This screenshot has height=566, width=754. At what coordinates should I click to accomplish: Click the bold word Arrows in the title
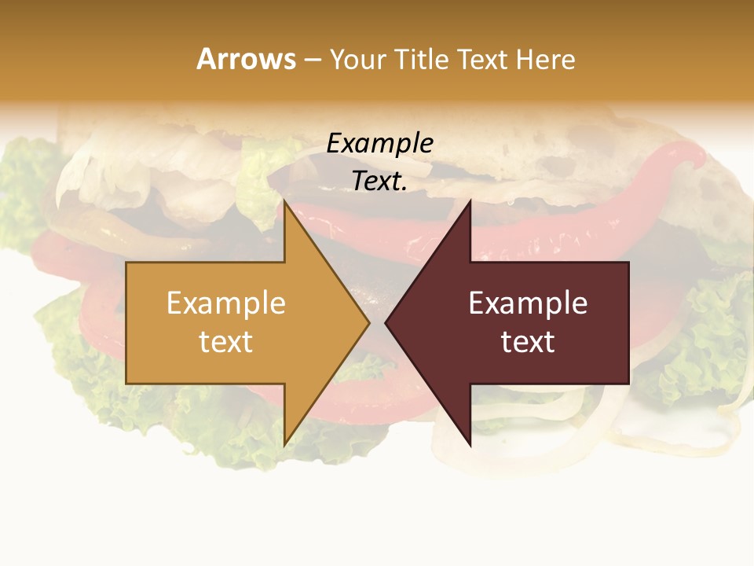click(247, 59)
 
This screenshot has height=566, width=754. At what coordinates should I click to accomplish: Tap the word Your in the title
click(355, 60)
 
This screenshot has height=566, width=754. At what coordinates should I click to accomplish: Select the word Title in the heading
click(420, 60)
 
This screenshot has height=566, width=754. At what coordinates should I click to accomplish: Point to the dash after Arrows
click(312, 61)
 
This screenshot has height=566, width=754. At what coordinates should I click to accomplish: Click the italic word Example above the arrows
click(379, 144)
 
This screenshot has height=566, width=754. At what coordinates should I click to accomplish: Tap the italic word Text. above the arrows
click(379, 181)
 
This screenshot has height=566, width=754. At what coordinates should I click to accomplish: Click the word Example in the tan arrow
click(225, 303)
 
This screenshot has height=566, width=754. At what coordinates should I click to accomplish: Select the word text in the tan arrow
click(225, 341)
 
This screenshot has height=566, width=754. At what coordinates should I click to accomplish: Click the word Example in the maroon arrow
click(528, 303)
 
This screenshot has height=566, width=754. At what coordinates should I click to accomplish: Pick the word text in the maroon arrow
click(528, 341)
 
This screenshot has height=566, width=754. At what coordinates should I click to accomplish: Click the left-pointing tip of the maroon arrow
click(386, 322)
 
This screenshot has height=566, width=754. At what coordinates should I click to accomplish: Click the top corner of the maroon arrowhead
click(470, 201)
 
